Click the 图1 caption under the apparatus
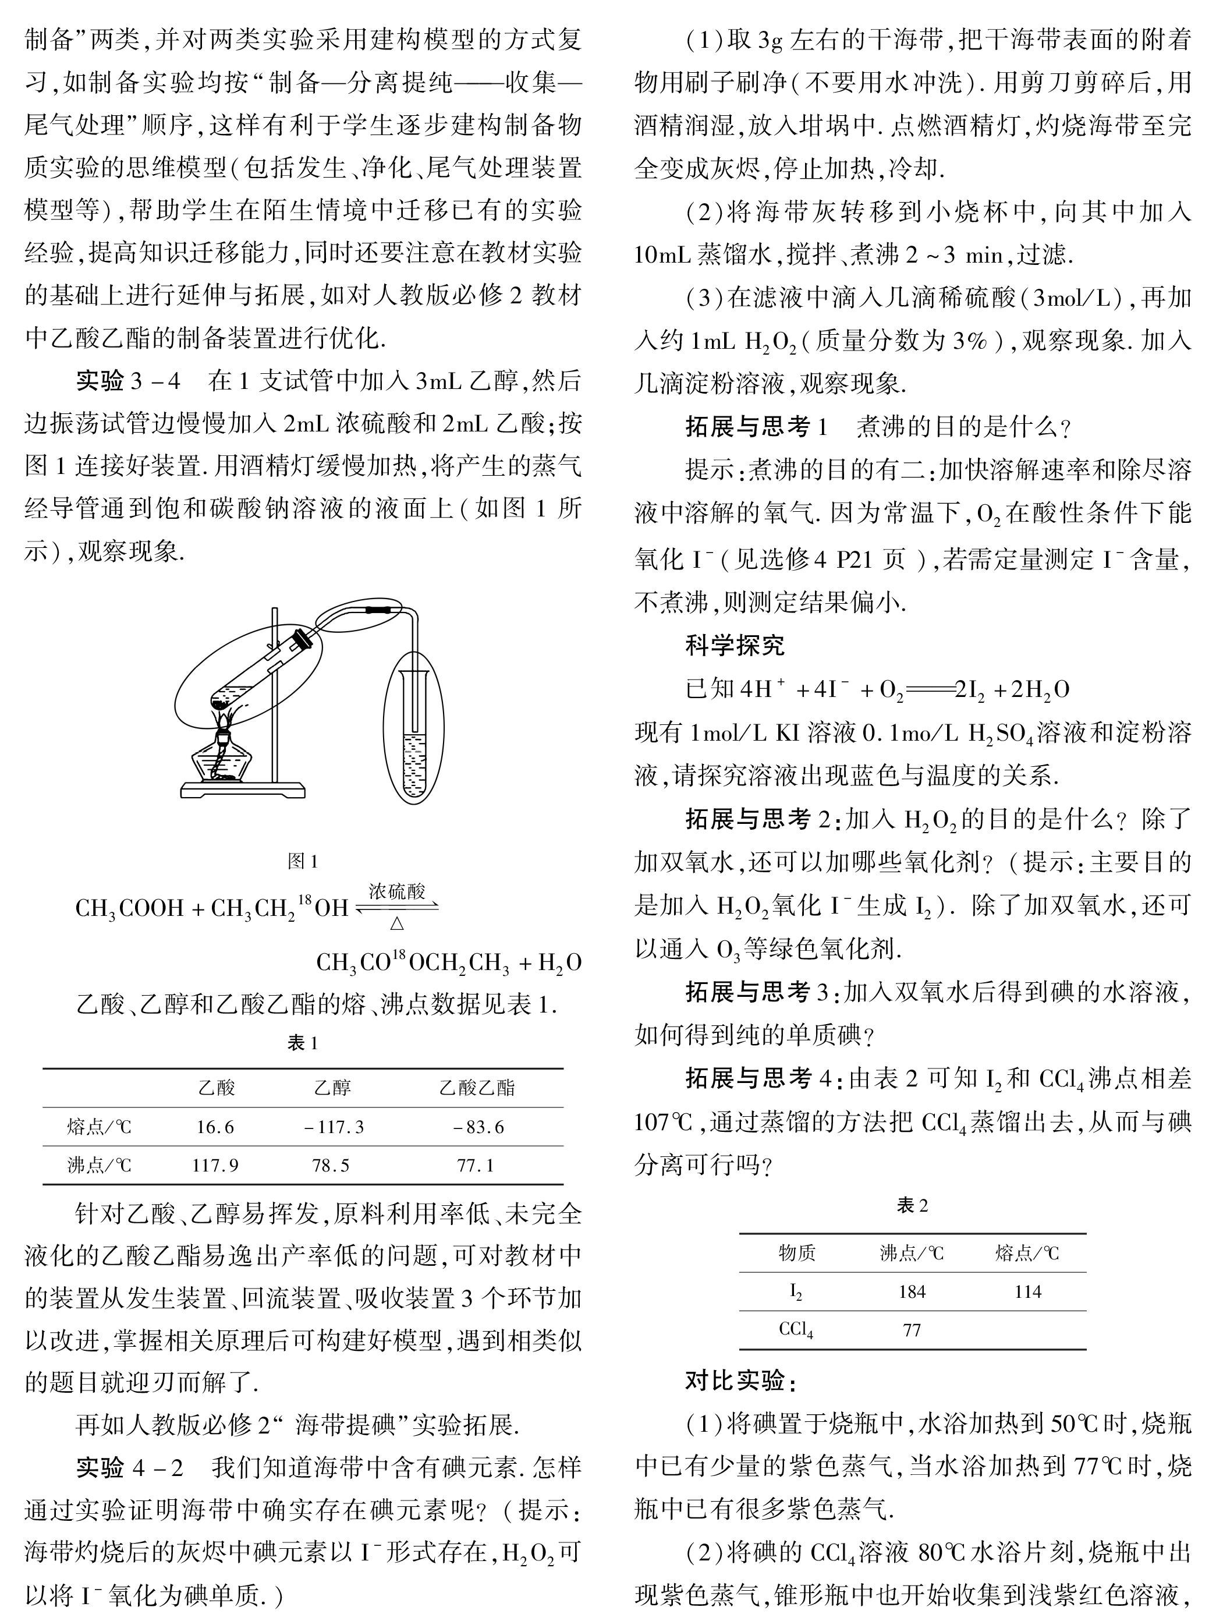303,861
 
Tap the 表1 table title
303,1043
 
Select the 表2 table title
912,1205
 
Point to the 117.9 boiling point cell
215,1165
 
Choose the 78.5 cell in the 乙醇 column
331,1165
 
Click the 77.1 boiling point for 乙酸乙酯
476,1165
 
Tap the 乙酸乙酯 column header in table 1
477,1088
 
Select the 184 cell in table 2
912,1291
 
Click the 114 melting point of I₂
1028,1291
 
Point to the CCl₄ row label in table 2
796,1329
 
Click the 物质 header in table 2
796,1253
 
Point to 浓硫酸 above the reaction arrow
396,891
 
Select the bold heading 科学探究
734,645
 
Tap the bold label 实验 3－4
128,381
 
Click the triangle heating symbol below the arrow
396,924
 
